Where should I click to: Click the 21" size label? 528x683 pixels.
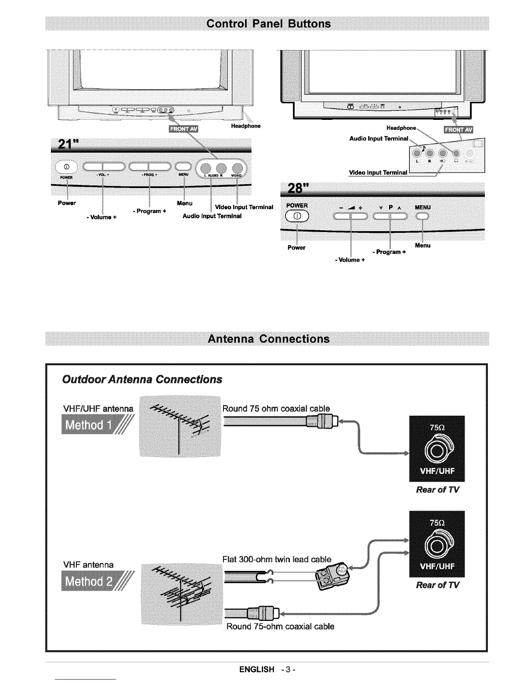point(63,142)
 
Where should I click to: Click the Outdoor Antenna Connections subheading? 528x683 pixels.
point(142,379)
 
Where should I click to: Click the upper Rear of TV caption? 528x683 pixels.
point(437,490)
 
